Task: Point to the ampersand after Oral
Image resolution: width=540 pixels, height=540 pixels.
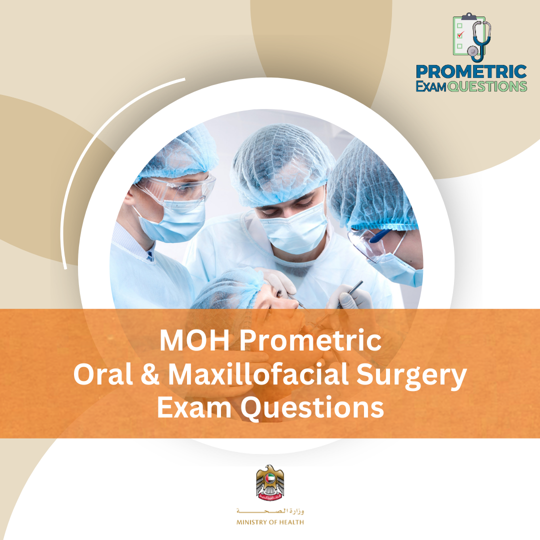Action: (x=150, y=374)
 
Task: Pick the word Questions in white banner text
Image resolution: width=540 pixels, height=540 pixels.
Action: (x=312, y=407)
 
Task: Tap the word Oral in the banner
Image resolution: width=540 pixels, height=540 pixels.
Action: (x=99, y=374)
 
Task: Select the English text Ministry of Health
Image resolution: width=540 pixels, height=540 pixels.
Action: (x=270, y=522)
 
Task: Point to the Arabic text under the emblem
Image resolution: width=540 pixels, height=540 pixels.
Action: (x=270, y=511)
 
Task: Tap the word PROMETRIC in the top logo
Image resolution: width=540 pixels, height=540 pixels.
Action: (x=471, y=72)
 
